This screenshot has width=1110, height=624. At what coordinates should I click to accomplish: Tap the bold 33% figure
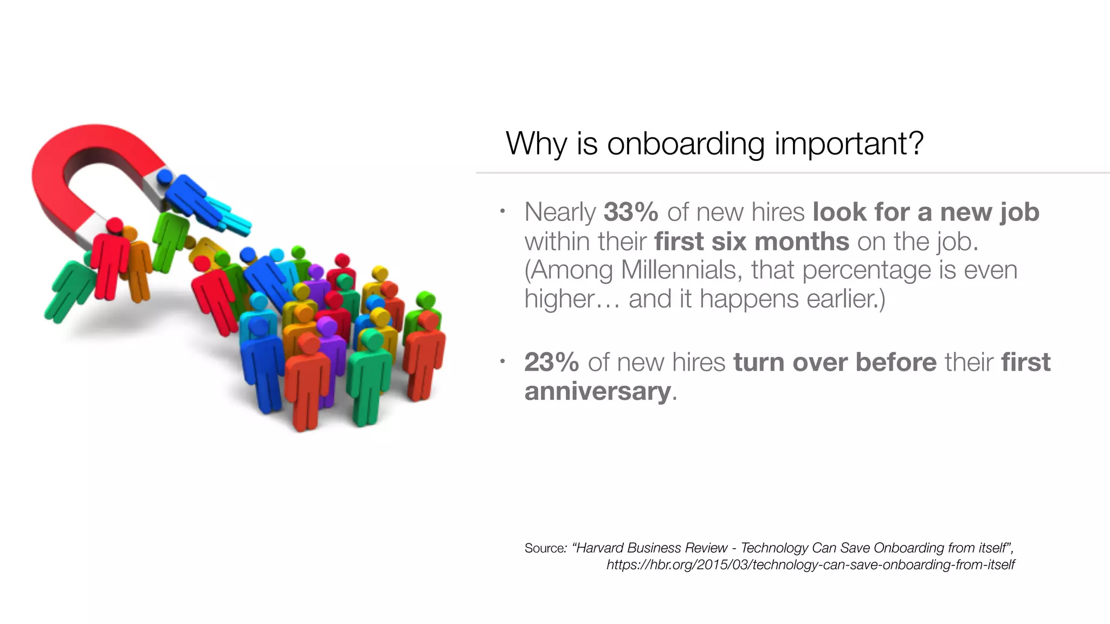[x=631, y=212]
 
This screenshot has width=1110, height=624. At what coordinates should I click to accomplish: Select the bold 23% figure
[x=551, y=362]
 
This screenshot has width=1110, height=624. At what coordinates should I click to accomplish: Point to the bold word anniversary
[x=598, y=392]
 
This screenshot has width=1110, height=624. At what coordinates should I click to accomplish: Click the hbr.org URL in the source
[x=810, y=565]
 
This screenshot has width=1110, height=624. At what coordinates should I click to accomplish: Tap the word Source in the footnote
[x=544, y=548]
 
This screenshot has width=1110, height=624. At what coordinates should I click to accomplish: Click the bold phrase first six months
[x=751, y=242]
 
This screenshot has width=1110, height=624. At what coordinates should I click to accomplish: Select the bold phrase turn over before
[x=835, y=362]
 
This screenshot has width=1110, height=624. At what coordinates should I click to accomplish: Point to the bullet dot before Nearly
[x=502, y=211]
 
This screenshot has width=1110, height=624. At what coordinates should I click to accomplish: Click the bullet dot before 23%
[x=502, y=361]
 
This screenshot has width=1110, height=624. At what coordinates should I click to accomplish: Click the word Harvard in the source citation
[x=599, y=548]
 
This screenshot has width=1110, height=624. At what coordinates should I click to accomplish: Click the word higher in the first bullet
[x=559, y=299]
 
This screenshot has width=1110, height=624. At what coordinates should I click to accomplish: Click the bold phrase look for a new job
[x=926, y=212]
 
